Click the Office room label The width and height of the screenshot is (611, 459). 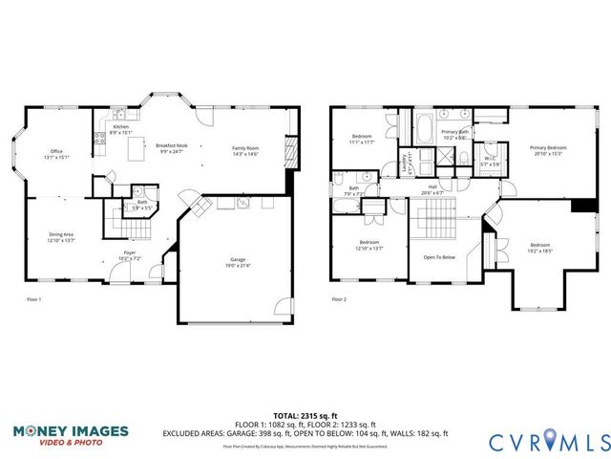(x=56, y=152)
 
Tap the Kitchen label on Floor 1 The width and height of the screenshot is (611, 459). (x=120, y=127)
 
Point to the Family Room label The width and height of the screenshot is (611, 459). (x=246, y=148)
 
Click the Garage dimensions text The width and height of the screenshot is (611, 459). (x=238, y=266)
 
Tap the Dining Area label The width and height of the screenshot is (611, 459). (x=61, y=235)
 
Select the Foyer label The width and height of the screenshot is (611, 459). (x=130, y=255)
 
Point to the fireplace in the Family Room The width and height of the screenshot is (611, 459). (x=292, y=151)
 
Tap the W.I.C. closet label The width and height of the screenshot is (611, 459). (x=489, y=162)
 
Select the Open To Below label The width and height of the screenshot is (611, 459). (x=439, y=257)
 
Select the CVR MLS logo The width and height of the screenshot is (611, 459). (x=548, y=441)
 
